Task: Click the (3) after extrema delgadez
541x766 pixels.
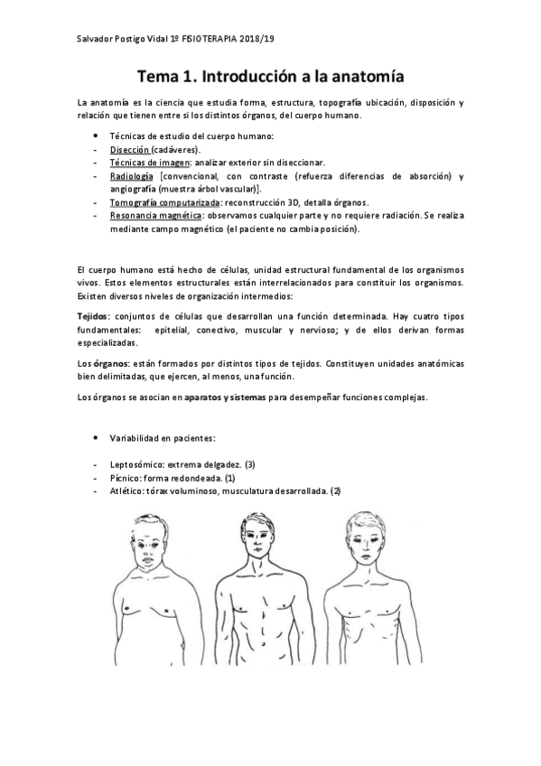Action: [x=250, y=463]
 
